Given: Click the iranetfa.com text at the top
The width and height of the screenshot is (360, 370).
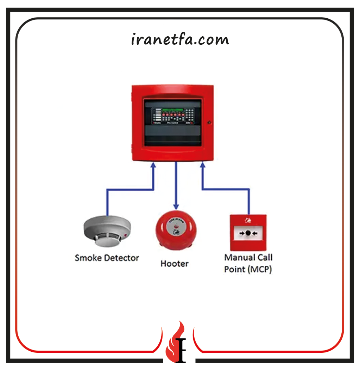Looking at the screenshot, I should pos(180,39).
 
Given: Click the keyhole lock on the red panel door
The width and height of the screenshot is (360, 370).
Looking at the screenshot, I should pos(209,123).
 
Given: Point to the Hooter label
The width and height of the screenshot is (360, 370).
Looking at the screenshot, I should pos(175,264).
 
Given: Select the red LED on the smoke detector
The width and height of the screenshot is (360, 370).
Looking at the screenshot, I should pos(125,235).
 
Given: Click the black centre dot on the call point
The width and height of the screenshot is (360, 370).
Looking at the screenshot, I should pos(248,233).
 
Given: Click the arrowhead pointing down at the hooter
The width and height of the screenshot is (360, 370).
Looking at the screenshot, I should pos(176,206).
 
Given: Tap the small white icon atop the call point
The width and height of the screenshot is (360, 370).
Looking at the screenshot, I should pos(248,221).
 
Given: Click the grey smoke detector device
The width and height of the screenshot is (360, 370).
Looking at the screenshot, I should pos(107,231).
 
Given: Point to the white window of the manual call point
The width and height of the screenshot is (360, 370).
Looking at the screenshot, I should pos(248,233).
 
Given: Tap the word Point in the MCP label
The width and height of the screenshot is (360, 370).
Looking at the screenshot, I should pos(235,270).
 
